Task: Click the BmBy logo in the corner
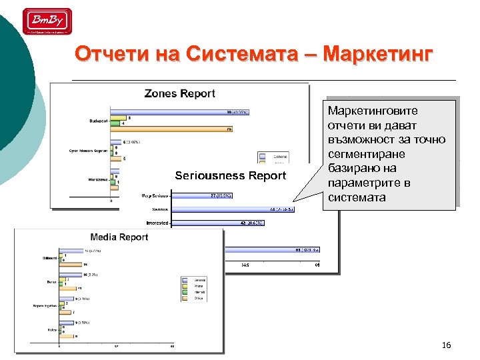click(x=47, y=21)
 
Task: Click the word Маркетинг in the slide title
click(x=376, y=53)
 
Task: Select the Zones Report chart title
click(x=180, y=94)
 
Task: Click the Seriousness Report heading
click(x=230, y=176)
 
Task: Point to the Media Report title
click(x=119, y=237)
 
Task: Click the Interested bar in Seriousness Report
click(x=217, y=223)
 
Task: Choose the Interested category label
click(x=156, y=223)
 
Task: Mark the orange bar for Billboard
click(x=69, y=265)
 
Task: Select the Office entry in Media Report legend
click(x=199, y=298)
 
